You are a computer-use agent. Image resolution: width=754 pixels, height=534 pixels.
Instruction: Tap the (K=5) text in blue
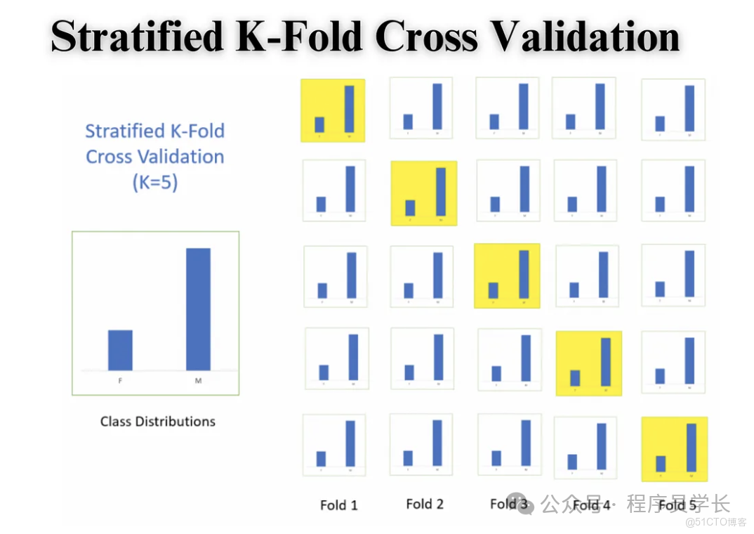(x=154, y=182)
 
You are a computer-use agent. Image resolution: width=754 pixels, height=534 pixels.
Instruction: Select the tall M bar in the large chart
(x=198, y=309)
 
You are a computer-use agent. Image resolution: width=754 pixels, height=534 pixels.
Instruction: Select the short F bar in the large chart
(x=120, y=350)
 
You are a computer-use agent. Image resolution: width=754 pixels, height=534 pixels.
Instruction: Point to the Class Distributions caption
(x=157, y=422)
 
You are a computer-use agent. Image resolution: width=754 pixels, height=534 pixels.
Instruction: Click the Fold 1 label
(x=338, y=504)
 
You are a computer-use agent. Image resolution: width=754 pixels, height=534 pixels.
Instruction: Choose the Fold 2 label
(x=425, y=504)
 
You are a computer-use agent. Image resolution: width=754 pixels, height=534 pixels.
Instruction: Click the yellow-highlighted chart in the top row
(x=333, y=110)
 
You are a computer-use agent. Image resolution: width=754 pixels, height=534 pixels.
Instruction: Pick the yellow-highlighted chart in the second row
(x=424, y=193)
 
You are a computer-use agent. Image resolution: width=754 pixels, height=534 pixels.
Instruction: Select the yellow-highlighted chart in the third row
(x=507, y=275)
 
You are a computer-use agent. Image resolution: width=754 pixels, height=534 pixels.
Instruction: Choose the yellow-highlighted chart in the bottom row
(x=674, y=449)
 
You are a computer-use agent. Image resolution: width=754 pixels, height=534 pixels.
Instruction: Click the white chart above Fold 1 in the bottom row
(x=333, y=445)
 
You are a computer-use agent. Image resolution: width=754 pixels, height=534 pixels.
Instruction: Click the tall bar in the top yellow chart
(x=349, y=108)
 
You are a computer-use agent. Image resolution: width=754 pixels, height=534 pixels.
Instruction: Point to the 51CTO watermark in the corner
(x=715, y=522)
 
